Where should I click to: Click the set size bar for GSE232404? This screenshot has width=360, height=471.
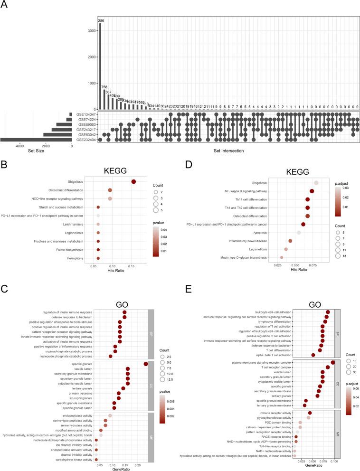click(36, 140)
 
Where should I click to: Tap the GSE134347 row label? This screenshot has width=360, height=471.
click(85, 114)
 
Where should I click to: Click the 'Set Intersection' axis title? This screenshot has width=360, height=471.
click(228, 151)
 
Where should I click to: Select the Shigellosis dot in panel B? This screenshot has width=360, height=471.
click(133, 182)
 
